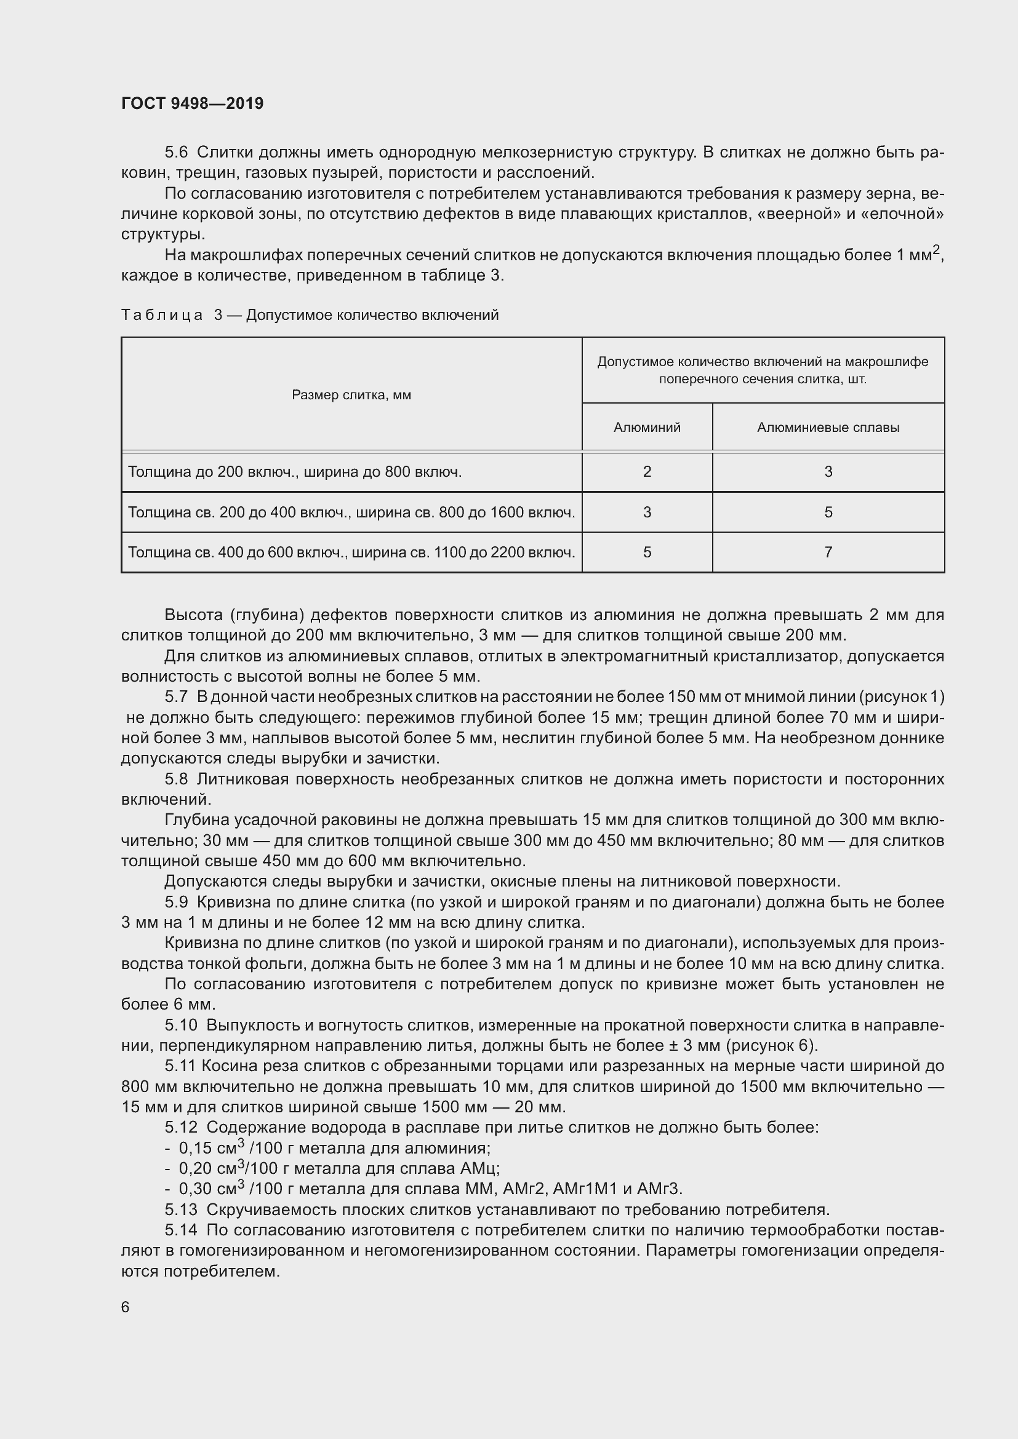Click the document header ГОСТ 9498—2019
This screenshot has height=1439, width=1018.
click(x=193, y=103)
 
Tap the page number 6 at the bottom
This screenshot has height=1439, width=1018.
click(x=126, y=1307)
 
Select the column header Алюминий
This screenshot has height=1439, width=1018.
click(x=647, y=428)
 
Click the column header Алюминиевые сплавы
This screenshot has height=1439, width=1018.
click(x=828, y=428)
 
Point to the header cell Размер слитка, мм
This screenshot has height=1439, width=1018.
click(x=351, y=395)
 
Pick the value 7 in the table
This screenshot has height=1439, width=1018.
click(x=828, y=552)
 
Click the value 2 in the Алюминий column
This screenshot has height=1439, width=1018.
click(x=647, y=472)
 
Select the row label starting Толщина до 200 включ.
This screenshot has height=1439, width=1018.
click(x=295, y=472)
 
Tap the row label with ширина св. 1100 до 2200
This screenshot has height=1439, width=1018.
click(x=351, y=552)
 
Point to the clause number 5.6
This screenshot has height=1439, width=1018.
click(x=176, y=153)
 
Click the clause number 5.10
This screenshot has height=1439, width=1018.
click(x=180, y=1026)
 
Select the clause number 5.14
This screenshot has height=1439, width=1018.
click(x=180, y=1230)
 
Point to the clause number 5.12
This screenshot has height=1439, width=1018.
click(x=180, y=1128)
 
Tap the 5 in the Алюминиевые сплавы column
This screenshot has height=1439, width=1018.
click(x=828, y=512)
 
